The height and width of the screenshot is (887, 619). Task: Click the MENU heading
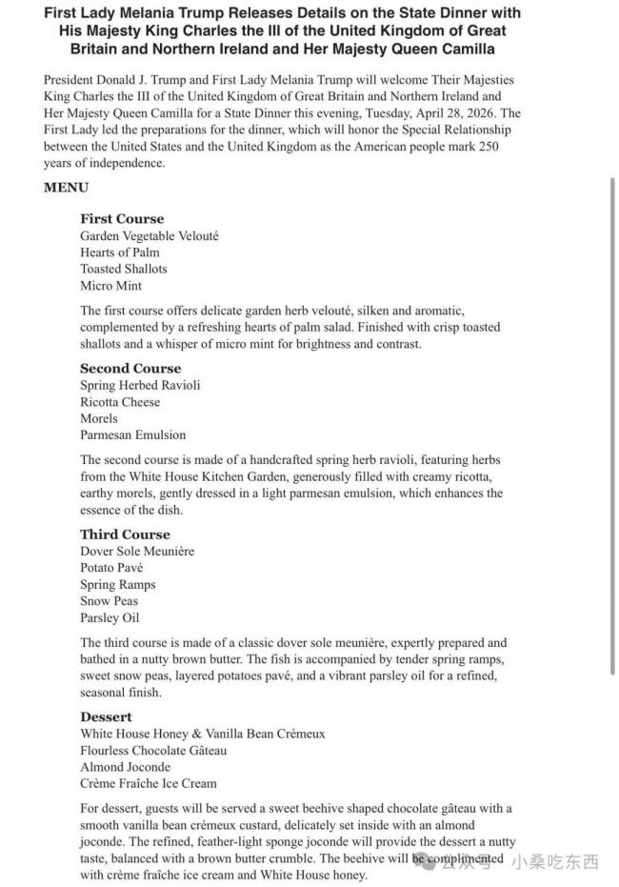[x=66, y=188]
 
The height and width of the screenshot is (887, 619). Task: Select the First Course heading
[x=122, y=218]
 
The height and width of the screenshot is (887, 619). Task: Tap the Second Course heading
[x=130, y=368]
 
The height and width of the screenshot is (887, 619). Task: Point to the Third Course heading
[x=125, y=534]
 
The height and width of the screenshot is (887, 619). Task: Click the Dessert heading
[x=106, y=716]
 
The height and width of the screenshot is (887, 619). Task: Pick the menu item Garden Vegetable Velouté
[x=150, y=235]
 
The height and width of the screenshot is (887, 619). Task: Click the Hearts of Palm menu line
[x=120, y=252]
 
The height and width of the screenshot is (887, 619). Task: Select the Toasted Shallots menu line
[x=124, y=269]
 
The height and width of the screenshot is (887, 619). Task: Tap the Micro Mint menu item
[x=110, y=286]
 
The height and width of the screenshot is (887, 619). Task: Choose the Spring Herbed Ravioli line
[x=140, y=385]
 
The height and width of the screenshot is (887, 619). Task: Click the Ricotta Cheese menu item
[x=120, y=402]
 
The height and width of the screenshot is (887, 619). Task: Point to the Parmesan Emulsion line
[x=133, y=434]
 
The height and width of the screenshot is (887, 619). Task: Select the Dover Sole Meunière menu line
[x=137, y=551]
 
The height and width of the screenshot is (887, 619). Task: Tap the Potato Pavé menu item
[x=112, y=568]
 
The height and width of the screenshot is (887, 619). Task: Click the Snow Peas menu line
[x=109, y=601]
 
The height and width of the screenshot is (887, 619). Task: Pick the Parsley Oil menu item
[x=109, y=617]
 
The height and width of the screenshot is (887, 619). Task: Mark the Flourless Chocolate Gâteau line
[x=153, y=750]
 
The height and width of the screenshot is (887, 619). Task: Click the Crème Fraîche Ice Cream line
[x=149, y=783]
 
